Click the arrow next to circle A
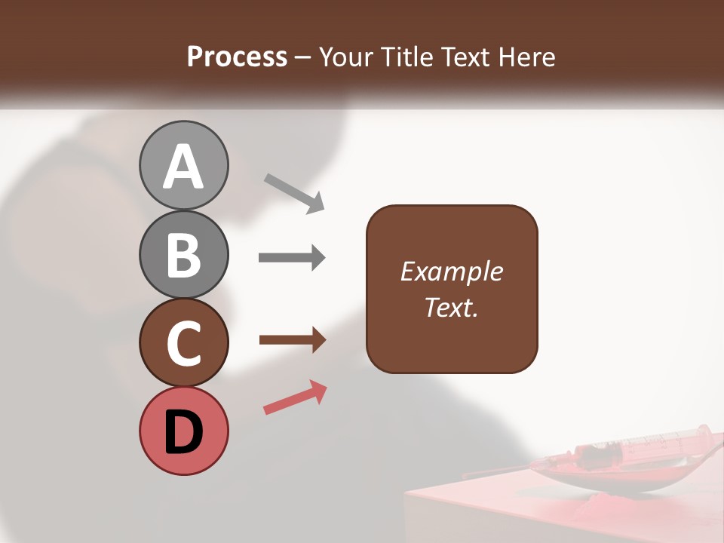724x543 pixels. [294, 192]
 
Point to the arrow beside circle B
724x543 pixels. [292, 258]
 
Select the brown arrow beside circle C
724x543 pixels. [292, 341]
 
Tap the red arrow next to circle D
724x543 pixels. [295, 397]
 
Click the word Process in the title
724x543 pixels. [237, 57]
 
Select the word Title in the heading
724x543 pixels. [406, 57]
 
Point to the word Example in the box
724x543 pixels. [451, 271]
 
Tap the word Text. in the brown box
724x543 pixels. [451, 307]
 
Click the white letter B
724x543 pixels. [183, 254]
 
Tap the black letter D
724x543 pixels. [183, 432]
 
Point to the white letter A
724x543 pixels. [183, 167]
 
